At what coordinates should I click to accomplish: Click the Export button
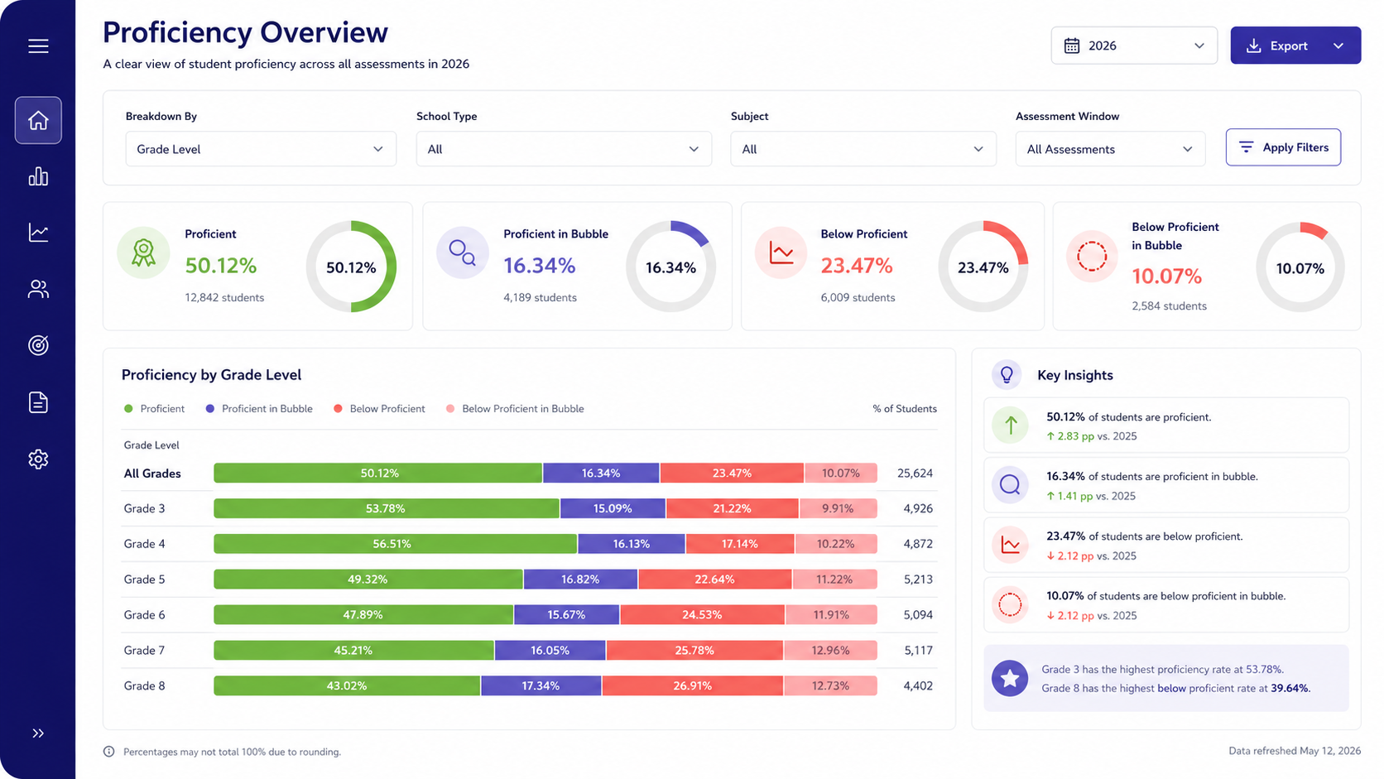1295,45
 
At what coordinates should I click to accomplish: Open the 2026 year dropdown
1134,45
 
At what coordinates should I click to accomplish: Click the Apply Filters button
1283,147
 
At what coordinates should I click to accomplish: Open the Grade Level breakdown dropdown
260,149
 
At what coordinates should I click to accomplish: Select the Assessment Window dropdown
1110,149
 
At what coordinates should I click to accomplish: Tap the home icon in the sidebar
38,120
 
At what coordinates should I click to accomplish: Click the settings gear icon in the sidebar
38,459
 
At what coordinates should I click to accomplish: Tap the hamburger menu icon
38,46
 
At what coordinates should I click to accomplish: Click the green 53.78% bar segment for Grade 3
387,508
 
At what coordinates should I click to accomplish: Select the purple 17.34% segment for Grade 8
541,685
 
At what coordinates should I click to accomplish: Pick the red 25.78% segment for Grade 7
694,650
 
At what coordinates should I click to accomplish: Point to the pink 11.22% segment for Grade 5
834,579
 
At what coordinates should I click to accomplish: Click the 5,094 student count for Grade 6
918,615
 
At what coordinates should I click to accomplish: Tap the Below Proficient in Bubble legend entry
516,408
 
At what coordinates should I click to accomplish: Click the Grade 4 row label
144,544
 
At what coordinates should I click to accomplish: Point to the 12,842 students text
224,297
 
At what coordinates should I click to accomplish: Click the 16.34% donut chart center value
670,267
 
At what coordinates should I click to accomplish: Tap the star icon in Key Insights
1010,678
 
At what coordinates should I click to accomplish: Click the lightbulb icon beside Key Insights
1007,374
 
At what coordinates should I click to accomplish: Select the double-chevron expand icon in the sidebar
38,733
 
